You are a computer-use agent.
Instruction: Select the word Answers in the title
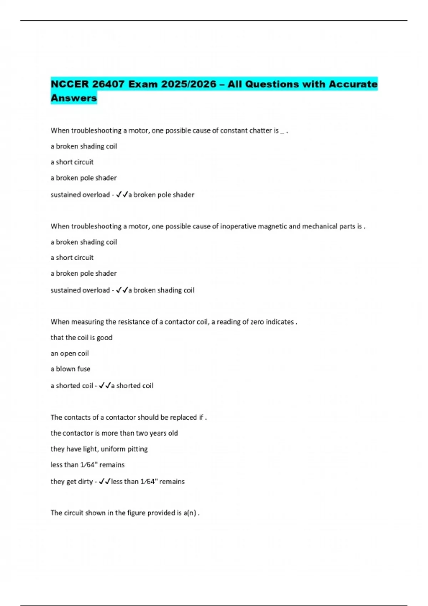pyautogui.click(x=74, y=98)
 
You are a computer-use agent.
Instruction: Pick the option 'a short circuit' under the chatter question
pyautogui.click(x=72, y=162)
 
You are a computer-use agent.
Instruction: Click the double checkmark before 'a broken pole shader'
pyautogui.click(x=122, y=195)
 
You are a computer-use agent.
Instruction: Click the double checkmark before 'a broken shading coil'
pyautogui.click(x=122, y=290)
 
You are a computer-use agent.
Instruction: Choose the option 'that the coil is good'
pyautogui.click(x=81, y=338)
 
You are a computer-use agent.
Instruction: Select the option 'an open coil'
pyautogui.click(x=70, y=353)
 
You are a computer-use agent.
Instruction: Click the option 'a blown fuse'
pyautogui.click(x=70, y=369)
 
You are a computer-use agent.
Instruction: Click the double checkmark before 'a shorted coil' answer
pyautogui.click(x=105, y=386)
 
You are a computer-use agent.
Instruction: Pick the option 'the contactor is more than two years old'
pyautogui.click(x=114, y=433)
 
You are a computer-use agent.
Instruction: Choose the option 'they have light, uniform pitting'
pyautogui.click(x=99, y=449)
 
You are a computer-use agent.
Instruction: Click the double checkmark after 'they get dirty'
pyautogui.click(x=105, y=482)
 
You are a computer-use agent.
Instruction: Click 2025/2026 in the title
pyautogui.click(x=189, y=84)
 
